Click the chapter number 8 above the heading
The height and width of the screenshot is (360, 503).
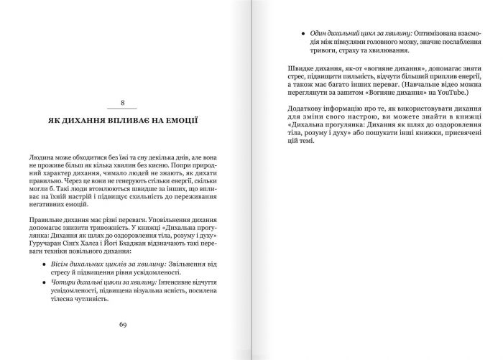click(122, 103)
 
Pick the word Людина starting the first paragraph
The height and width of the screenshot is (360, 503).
click(43, 155)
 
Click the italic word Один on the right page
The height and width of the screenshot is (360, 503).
click(319, 34)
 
